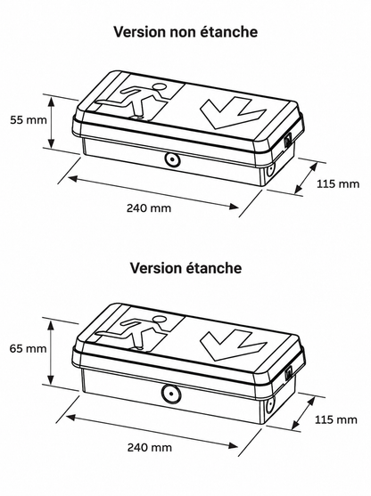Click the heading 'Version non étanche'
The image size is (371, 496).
[x=185, y=32]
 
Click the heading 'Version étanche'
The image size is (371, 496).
[x=185, y=268]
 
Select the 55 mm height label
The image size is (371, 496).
[x=29, y=120]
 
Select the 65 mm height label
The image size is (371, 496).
[x=28, y=348]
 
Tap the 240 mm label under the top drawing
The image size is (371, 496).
[x=149, y=208]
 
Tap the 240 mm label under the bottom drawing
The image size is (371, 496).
[x=150, y=447]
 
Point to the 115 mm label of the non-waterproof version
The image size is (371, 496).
[x=338, y=183]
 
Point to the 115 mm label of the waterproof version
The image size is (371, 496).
[x=336, y=419]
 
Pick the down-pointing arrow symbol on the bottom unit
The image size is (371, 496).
[x=234, y=345]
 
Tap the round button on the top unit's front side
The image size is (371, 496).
[x=172, y=159]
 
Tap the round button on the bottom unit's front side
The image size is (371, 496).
[x=170, y=394]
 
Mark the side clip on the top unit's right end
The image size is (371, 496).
[x=288, y=141]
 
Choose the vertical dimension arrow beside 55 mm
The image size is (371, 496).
[x=51, y=121]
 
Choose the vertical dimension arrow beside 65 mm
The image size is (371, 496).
[x=51, y=352]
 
